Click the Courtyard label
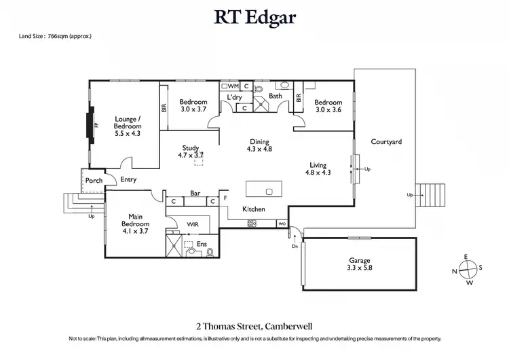coord(386,142)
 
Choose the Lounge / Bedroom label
coord(128,126)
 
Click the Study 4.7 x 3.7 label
coord(190,151)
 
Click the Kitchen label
coord(254,209)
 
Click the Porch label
coord(93,181)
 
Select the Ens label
coord(201,243)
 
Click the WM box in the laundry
coord(232,86)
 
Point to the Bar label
coord(195,193)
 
